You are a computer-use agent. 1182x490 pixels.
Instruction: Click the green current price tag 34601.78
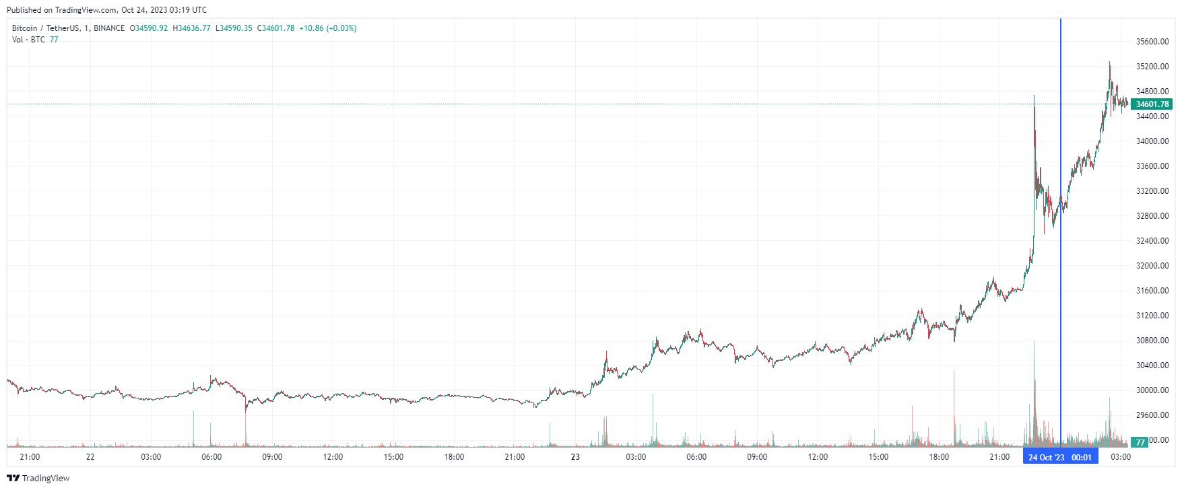1152,104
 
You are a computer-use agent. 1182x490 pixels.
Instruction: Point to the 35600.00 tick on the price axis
1152,42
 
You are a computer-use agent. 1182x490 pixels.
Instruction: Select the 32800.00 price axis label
1152,216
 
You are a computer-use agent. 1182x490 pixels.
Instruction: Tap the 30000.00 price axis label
1152,390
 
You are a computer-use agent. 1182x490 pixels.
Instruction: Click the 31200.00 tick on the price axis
1152,316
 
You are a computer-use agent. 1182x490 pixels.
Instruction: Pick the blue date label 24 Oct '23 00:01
1060,458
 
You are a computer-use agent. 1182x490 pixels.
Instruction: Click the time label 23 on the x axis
575,457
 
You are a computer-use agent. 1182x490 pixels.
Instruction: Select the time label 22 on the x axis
90,457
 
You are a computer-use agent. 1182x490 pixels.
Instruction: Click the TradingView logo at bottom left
38,478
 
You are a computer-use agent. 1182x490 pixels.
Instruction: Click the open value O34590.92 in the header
149,28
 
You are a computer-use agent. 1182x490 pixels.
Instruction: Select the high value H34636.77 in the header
192,28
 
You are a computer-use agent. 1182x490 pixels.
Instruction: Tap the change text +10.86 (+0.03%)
328,28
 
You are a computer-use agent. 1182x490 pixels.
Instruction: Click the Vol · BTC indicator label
28,40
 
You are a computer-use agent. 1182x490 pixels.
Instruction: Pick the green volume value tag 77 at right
1140,442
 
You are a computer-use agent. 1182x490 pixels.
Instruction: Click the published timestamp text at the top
106,10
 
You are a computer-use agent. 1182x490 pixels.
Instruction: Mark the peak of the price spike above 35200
1110,63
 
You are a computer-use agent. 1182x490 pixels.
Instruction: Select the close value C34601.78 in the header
276,28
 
